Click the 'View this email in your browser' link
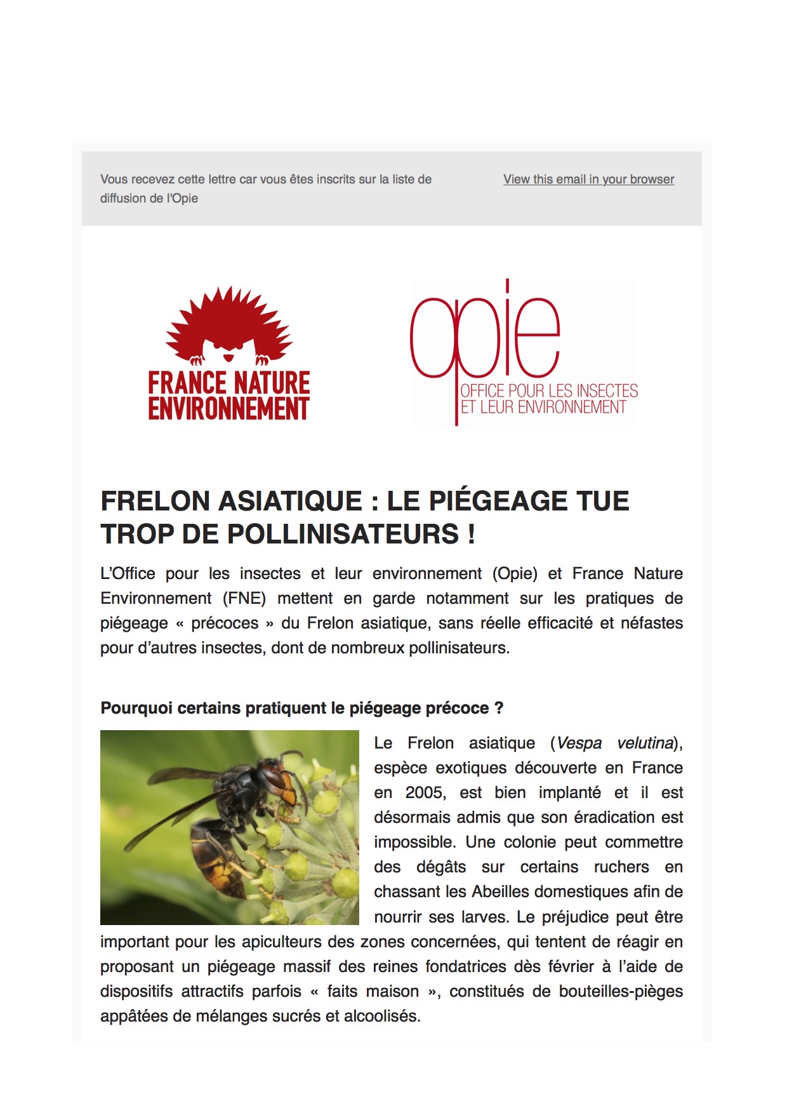point(588,180)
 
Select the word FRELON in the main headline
point(154,502)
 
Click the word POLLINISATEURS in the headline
point(343,535)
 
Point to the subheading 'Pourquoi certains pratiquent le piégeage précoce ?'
point(301,708)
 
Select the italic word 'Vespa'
point(578,743)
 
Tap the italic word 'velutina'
point(645,743)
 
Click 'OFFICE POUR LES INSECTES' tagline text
point(549,390)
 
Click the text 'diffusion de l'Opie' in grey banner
point(149,199)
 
